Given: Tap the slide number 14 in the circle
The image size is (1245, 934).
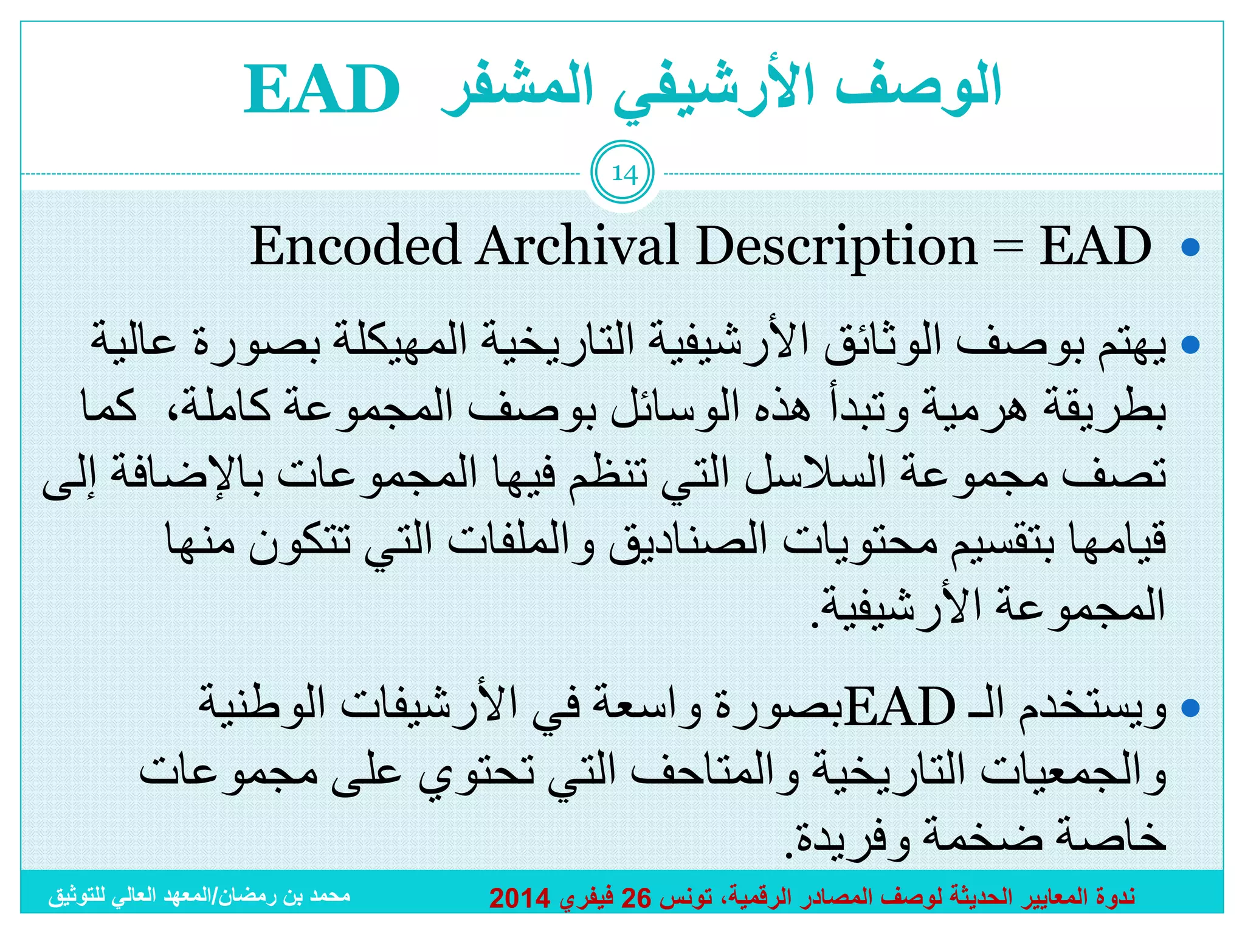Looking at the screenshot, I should point(624,175).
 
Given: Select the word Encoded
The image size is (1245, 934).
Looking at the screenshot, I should point(354,246).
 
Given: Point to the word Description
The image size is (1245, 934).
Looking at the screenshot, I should point(836,247).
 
